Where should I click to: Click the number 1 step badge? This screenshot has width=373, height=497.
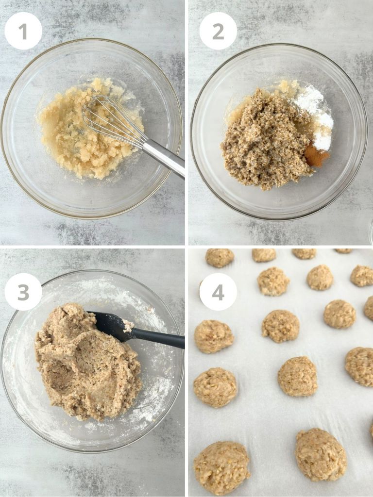[x=23, y=31]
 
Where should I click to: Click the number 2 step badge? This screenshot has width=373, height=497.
[x=218, y=31]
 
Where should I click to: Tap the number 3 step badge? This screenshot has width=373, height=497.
[x=23, y=292]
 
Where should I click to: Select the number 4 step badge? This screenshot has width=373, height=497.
[x=218, y=292]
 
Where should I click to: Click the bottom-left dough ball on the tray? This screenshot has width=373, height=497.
[x=221, y=468]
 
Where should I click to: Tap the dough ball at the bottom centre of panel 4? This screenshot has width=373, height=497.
[x=321, y=454]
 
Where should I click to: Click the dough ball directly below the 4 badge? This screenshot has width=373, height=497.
[x=214, y=336]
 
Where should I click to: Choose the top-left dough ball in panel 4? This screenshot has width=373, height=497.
[x=219, y=258]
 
